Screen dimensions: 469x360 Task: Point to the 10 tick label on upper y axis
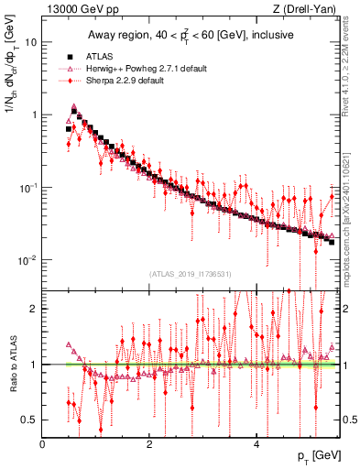point(31,42)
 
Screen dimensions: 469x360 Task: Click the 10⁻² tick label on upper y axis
point(28,259)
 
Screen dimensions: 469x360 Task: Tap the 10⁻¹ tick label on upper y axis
point(28,187)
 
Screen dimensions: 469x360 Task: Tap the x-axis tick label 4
point(256,444)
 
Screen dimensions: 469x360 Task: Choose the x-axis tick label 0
point(43,444)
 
